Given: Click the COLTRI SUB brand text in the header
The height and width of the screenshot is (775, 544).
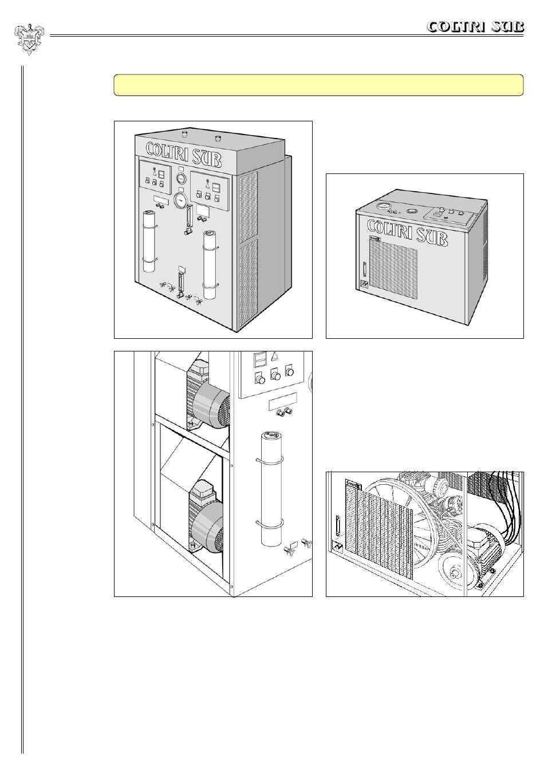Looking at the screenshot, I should [x=475, y=27].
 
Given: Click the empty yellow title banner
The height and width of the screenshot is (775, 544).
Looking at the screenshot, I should [x=319, y=85].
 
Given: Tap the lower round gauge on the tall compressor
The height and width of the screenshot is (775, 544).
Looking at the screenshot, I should [x=181, y=200].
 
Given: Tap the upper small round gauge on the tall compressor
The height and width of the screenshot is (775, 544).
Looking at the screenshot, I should [x=182, y=178].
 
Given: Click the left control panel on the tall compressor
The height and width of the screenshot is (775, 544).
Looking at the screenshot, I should [x=155, y=176].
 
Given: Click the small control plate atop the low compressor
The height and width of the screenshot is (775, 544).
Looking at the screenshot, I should [x=449, y=215].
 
